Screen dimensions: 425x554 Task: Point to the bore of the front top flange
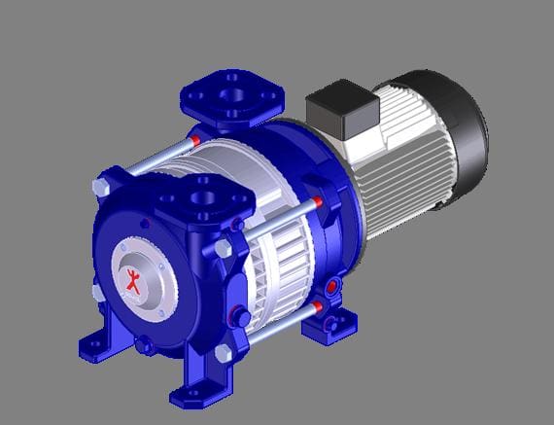204,199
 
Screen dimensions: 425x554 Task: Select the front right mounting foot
194,389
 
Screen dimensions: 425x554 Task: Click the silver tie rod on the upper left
156,161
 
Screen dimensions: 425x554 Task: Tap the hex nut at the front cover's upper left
100,186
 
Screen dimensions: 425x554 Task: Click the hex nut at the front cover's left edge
94,291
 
